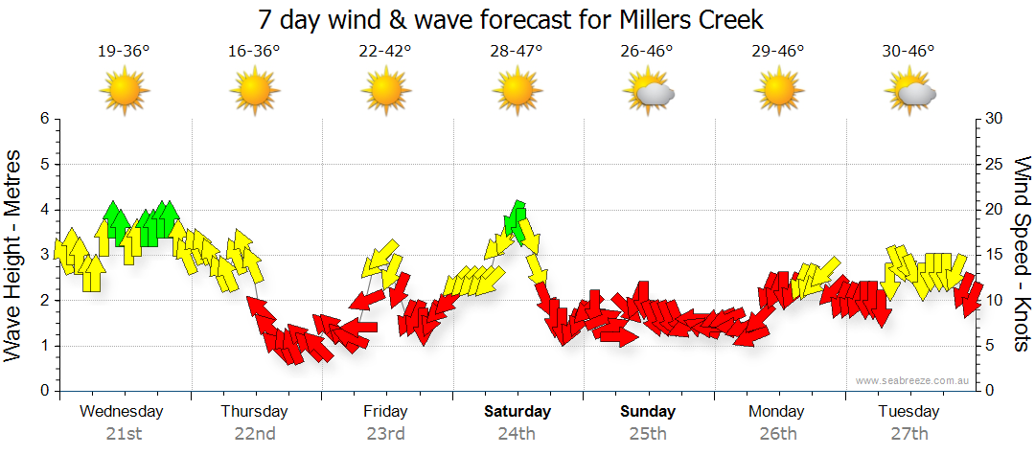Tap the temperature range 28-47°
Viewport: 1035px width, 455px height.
click(x=517, y=52)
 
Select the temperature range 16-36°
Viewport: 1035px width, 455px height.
click(x=254, y=52)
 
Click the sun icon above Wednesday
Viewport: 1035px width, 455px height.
click(x=124, y=92)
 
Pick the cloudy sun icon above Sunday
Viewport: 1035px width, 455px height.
click(x=650, y=92)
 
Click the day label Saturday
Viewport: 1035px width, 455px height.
click(x=517, y=412)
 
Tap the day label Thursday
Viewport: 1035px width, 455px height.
click(x=254, y=412)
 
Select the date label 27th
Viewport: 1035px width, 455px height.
click(x=908, y=433)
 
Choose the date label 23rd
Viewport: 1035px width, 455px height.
click(x=385, y=433)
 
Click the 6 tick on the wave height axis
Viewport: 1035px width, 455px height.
click(x=43, y=119)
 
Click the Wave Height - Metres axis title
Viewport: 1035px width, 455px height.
click(x=14, y=255)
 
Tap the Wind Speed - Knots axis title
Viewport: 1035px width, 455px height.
click(x=1022, y=255)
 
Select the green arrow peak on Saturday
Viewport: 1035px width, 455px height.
click(x=517, y=220)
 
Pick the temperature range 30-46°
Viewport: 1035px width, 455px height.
click(x=908, y=52)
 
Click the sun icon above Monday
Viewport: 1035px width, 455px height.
click(x=779, y=92)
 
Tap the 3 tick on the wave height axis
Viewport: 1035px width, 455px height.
click(x=43, y=255)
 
